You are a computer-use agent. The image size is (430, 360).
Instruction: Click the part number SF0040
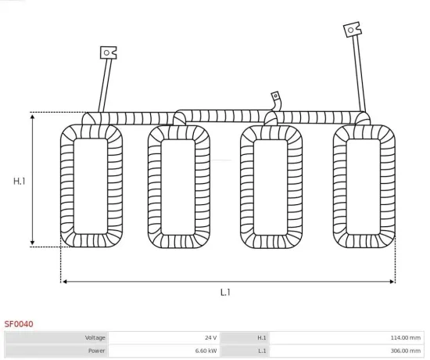click(19, 322)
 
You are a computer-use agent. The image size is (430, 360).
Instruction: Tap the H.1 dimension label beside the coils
click(20, 181)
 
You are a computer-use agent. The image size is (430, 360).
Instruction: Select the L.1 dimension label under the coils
click(224, 292)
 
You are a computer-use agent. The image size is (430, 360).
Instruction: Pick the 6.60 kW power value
click(207, 351)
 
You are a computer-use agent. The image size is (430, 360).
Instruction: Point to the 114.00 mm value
click(405, 337)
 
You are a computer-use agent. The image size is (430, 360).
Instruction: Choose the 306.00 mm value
click(405, 351)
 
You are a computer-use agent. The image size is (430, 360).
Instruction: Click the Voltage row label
click(95, 337)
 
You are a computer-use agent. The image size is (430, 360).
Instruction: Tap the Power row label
click(97, 351)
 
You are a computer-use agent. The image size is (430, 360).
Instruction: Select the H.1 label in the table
click(262, 337)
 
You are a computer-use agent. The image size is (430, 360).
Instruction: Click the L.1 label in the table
click(262, 351)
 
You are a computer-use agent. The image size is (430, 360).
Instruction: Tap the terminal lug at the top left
click(108, 52)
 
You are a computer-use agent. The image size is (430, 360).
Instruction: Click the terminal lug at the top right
click(352, 30)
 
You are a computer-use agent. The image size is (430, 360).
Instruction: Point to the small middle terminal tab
click(275, 95)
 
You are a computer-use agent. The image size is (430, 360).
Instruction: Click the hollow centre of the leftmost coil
click(91, 185)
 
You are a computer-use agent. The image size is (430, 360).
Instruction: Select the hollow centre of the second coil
click(179, 186)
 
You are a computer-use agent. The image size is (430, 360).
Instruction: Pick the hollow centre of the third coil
click(271, 186)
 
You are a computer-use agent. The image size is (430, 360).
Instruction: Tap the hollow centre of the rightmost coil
click(364, 185)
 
